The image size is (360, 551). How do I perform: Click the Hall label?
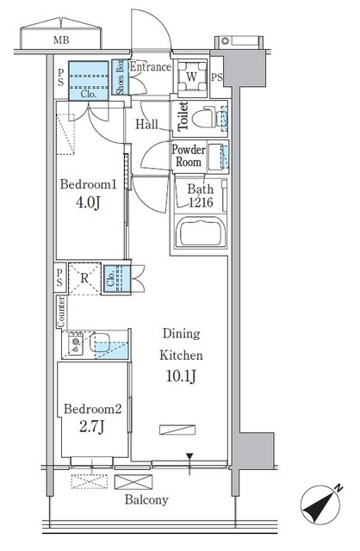(146, 124)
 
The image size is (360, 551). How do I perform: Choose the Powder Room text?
(189, 156)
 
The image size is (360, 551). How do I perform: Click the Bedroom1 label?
(87, 184)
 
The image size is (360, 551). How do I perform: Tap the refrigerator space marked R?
(85, 278)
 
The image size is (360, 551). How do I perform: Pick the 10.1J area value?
(181, 375)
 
